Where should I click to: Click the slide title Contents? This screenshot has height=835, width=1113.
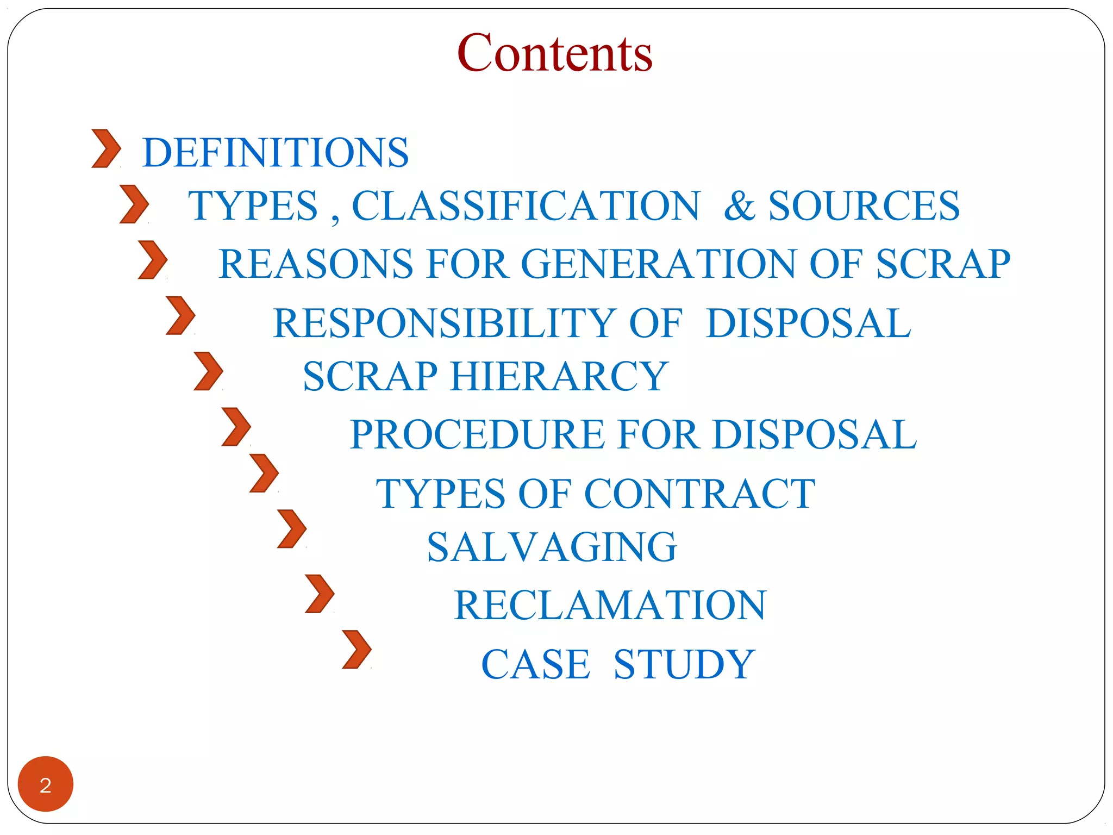coord(554,53)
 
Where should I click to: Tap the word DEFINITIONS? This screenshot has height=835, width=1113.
coord(276,153)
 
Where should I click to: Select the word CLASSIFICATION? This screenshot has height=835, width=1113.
coord(526,206)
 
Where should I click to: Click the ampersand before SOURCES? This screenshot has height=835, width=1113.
coord(739,206)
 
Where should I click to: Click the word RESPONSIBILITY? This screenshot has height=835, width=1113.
coord(444,323)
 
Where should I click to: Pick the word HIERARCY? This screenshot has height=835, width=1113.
coord(559,376)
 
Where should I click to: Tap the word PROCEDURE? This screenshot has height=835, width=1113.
coord(477,435)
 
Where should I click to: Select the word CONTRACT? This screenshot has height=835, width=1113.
coord(699,494)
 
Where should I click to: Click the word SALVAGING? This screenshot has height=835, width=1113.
coord(552,547)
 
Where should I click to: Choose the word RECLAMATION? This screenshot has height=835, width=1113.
coord(610,605)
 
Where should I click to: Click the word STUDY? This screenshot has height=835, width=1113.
coord(684,664)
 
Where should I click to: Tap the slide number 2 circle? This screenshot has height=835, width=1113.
coord(46,784)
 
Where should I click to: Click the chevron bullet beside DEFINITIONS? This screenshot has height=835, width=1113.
coord(106,148)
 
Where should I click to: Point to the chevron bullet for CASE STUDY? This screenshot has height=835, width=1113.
coord(357,649)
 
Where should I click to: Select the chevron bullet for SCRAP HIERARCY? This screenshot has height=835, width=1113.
coord(208,371)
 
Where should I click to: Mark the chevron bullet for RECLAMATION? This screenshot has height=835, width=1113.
coord(320,594)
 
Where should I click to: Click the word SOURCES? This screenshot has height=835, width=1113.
coord(864,206)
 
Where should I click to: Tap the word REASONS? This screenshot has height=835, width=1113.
coord(316,264)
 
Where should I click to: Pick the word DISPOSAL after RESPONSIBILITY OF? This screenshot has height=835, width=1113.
coord(808,323)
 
